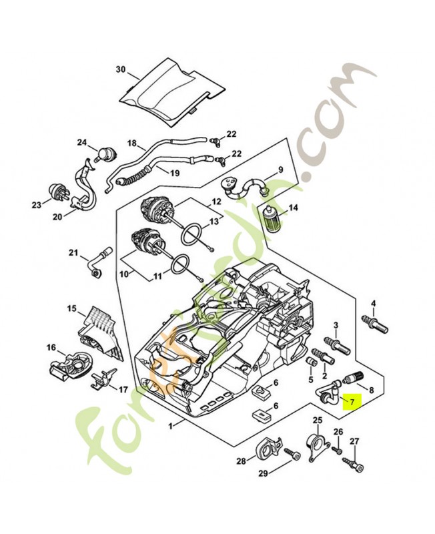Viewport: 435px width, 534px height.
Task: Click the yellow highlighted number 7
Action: (x=350, y=400)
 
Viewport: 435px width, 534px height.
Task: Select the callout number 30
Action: (x=120, y=69)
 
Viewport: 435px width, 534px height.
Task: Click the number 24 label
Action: (x=82, y=142)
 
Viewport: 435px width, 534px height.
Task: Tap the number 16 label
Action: (x=51, y=347)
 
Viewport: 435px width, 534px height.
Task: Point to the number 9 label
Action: (x=281, y=170)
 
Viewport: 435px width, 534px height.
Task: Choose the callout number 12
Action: (x=216, y=200)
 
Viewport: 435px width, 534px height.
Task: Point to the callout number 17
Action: (x=123, y=388)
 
